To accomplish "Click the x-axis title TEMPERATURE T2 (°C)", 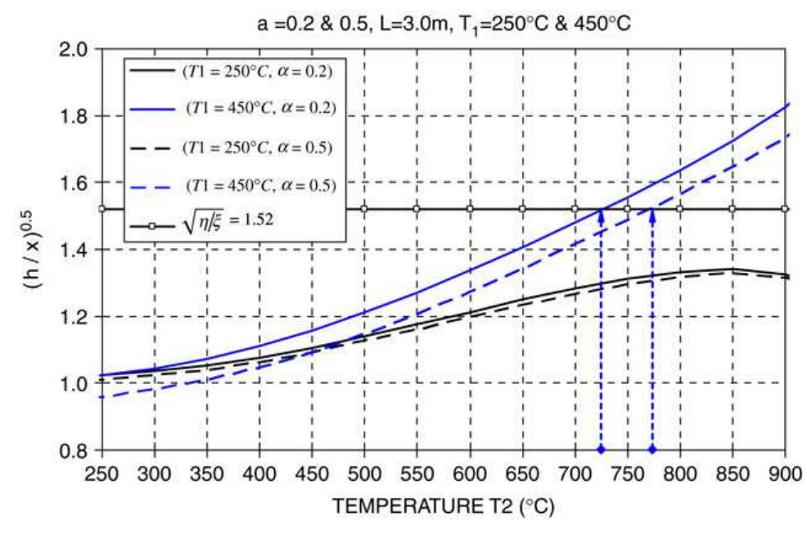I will click(x=444, y=508).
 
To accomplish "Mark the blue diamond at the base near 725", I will click(x=602, y=450).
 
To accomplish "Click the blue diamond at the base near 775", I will click(x=652, y=450).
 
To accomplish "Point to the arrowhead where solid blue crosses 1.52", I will click(x=602, y=214).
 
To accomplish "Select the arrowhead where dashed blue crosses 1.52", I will click(x=652, y=214).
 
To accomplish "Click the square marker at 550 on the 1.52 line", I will click(x=417, y=209).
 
